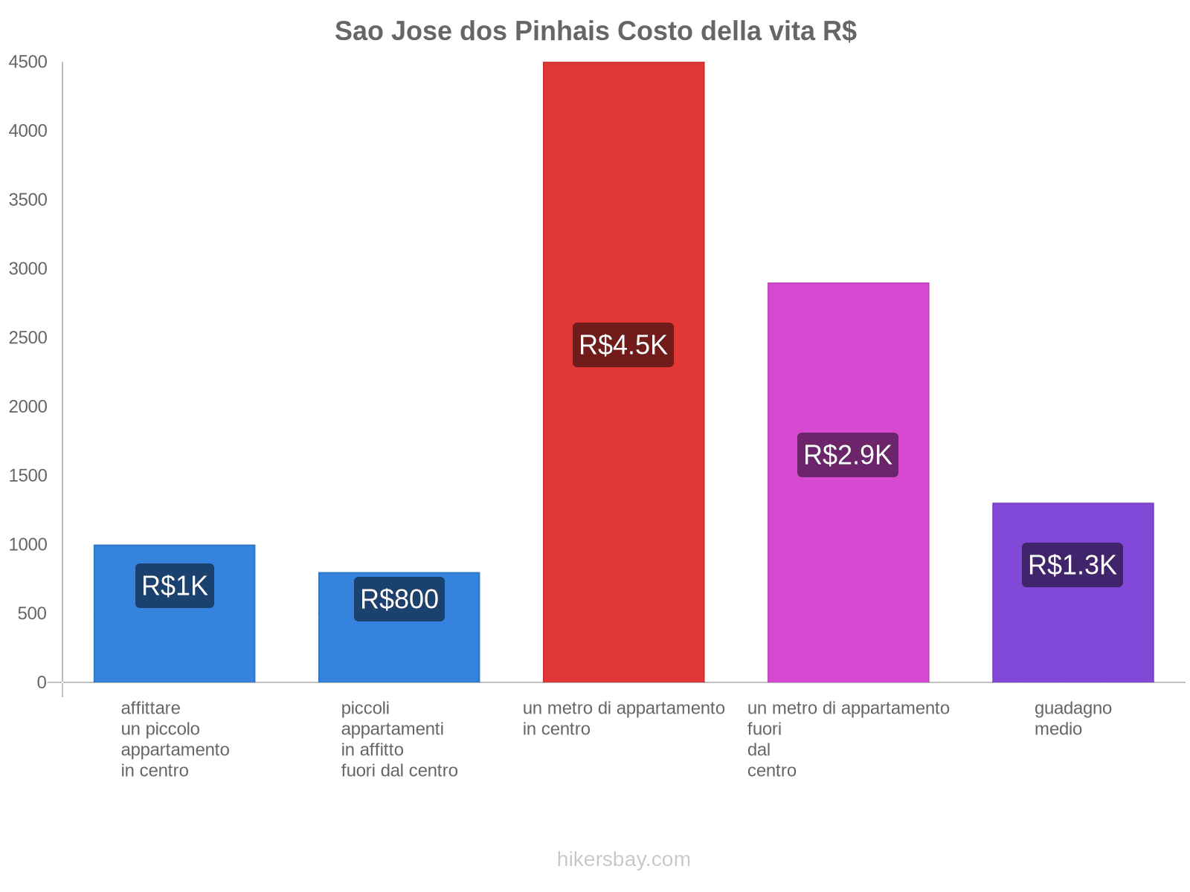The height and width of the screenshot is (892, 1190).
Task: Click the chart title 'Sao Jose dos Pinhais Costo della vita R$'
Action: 595,31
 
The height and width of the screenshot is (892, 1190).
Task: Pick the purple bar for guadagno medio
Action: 1072,632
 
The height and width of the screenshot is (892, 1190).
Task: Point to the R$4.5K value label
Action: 623,345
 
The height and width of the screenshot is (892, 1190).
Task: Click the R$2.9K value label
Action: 848,455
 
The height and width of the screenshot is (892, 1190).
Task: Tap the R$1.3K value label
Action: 1072,565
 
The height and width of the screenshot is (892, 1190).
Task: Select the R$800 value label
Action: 399,599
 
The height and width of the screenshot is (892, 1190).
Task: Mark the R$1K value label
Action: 174,586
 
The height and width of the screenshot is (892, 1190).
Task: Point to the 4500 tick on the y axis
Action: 28,62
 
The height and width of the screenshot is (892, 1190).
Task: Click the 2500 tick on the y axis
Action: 28,338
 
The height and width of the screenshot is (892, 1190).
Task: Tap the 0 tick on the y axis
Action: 42,682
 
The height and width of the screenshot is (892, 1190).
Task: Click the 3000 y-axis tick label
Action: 28,269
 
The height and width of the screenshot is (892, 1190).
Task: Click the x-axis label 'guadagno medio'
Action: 1072,718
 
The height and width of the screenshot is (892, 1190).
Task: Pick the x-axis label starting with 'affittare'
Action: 175,739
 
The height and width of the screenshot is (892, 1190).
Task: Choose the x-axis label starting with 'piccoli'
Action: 399,739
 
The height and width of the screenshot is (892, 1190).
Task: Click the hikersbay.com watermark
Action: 623,859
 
